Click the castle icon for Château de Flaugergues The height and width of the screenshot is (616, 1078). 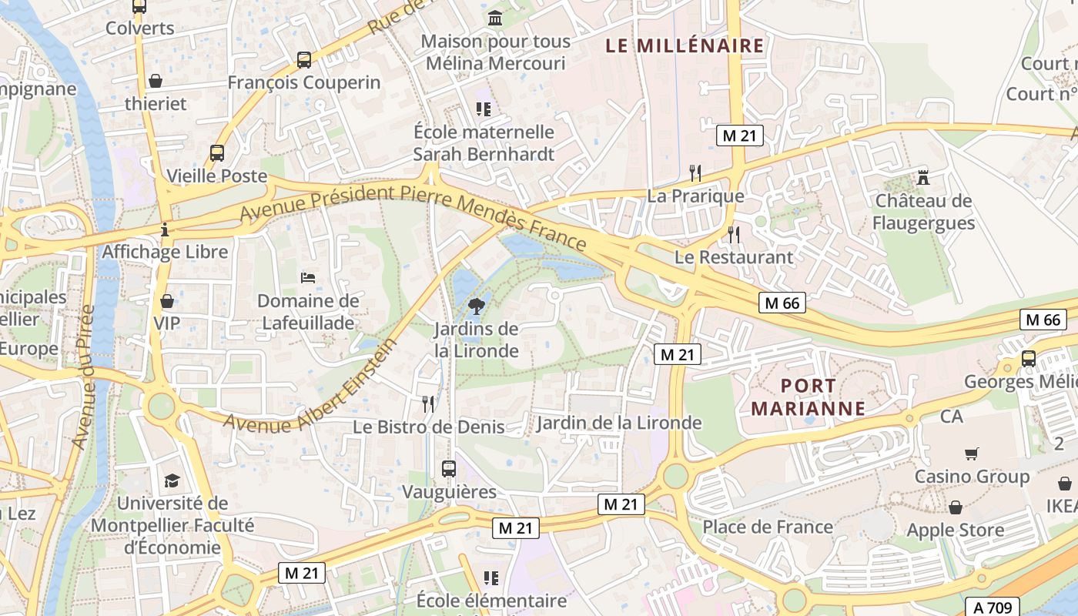pos(923,178)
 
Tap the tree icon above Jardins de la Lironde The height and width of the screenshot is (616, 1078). pos(477,306)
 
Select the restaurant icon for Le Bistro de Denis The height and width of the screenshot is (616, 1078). pos(428,403)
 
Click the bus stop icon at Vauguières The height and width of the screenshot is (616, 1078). pos(448,468)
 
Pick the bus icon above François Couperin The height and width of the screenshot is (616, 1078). pos(304,59)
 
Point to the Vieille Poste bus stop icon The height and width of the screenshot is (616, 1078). pos(217,153)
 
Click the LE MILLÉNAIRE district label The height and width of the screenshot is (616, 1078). pos(685,45)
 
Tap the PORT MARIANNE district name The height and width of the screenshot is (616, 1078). pos(808,397)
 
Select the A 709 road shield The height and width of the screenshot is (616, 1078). pos(993,607)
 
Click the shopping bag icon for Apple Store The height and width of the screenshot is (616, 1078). pos(955,507)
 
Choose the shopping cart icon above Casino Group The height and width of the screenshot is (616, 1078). pos(971,454)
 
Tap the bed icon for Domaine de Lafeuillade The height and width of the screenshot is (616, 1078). pos(308,277)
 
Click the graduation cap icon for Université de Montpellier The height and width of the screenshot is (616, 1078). pos(172,480)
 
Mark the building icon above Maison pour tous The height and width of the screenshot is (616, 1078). pos(495,18)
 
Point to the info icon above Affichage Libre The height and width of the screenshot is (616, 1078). pos(165,229)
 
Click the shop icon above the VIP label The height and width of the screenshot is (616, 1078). pos(166,300)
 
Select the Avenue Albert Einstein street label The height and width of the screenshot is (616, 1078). pos(312,385)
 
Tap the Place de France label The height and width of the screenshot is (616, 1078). pos(768,527)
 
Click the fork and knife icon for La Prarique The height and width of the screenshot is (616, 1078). pos(695,172)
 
